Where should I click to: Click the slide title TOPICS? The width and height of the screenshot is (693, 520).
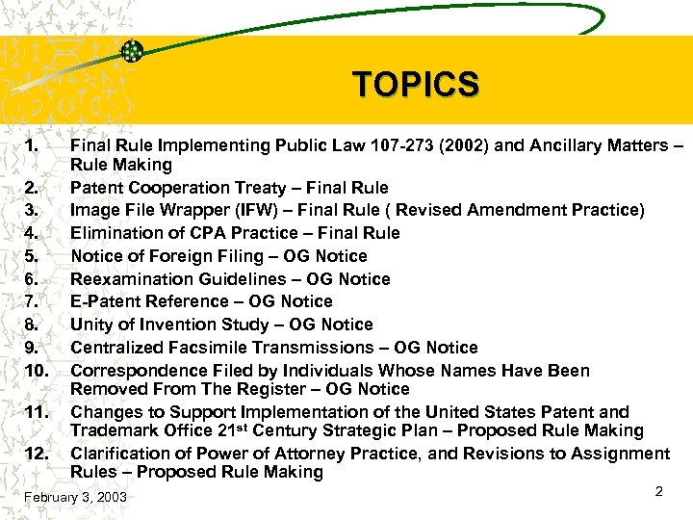click(x=415, y=85)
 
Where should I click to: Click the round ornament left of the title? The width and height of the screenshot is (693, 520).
click(x=133, y=52)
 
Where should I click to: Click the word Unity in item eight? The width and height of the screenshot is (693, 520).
click(x=92, y=325)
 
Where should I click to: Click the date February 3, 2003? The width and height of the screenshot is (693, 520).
click(x=75, y=498)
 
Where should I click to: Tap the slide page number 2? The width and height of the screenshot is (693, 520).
click(x=659, y=491)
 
